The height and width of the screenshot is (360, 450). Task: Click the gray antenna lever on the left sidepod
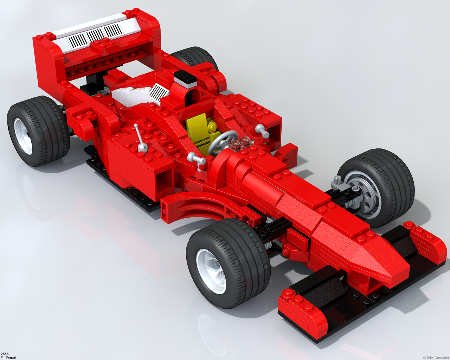click(140, 138)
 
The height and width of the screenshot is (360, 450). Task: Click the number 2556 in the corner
click(4, 354)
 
